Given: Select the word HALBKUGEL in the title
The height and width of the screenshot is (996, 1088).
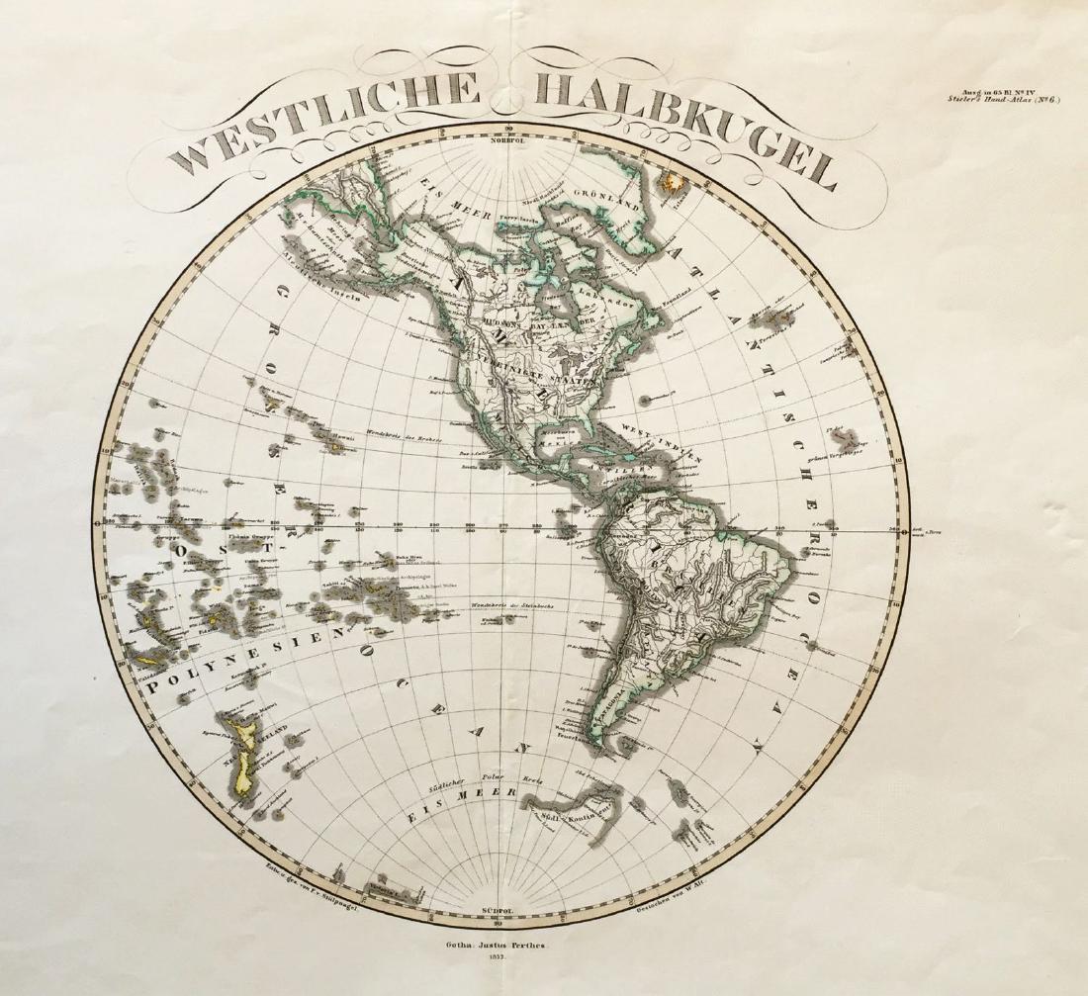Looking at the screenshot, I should click(682, 129).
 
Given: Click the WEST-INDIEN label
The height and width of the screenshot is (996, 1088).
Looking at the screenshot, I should click(662, 444).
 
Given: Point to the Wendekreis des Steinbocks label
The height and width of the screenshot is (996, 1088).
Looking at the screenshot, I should click(517, 604).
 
